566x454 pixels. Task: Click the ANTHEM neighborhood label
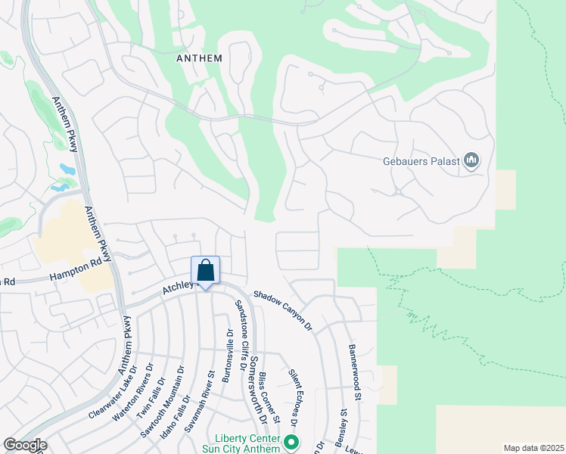click(x=199, y=58)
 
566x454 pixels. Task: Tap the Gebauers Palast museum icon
click(x=472, y=160)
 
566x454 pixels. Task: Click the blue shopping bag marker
click(x=206, y=271)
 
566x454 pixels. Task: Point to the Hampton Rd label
click(x=75, y=269)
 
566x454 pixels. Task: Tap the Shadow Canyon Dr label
click(x=282, y=311)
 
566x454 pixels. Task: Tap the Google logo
click(x=25, y=445)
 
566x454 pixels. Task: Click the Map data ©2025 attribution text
click(x=533, y=448)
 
